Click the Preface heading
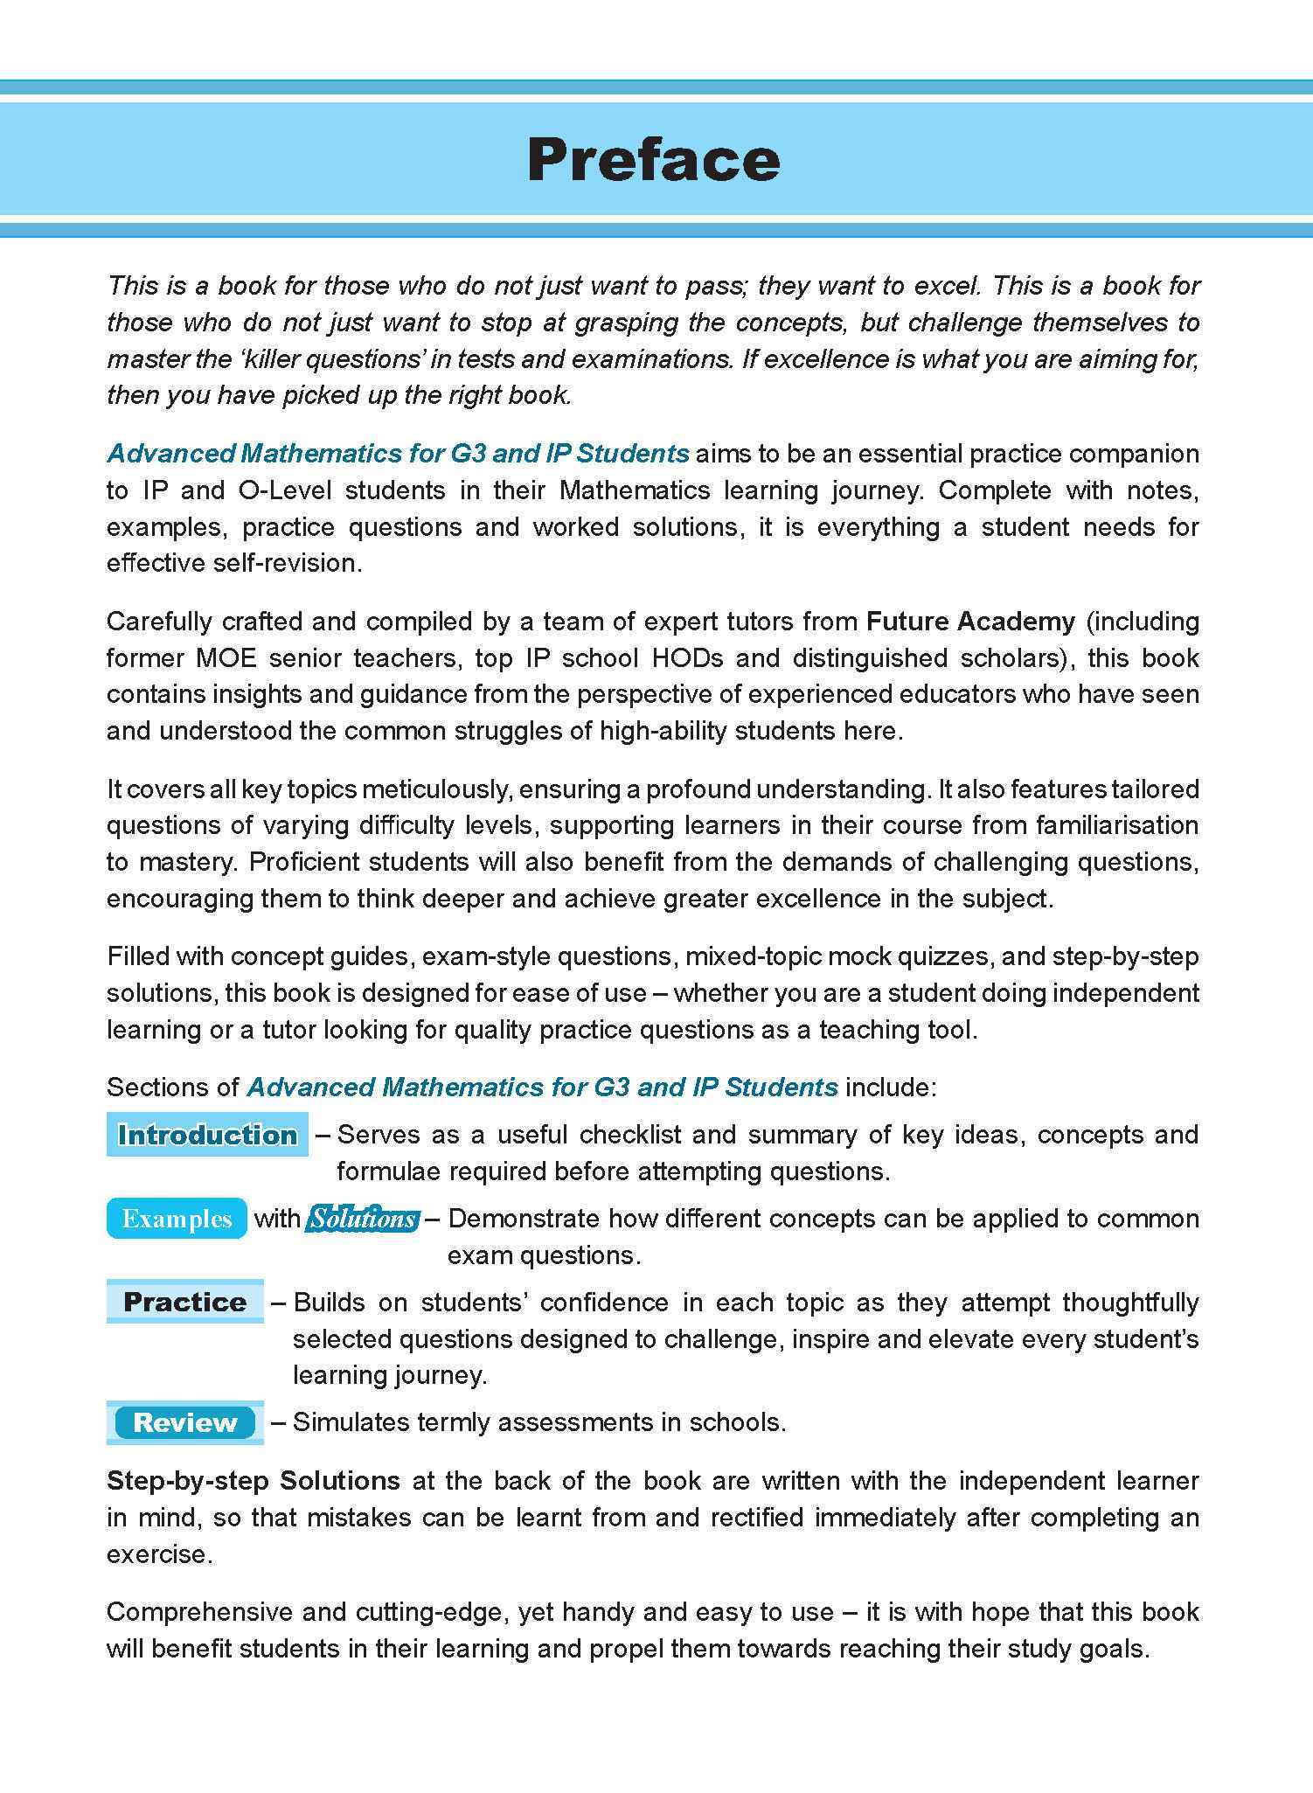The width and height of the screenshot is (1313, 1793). pos(653,160)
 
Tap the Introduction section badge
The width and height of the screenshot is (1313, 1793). pos(207,1135)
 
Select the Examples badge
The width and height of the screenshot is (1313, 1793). pos(177,1219)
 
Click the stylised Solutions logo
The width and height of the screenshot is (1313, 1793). pos(363,1219)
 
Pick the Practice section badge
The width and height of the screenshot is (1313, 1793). pos(184,1303)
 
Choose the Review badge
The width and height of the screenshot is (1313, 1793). pos(184,1422)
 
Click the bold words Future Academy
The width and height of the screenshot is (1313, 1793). pos(970,622)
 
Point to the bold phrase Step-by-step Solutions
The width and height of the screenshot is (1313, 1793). pos(254,1481)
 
